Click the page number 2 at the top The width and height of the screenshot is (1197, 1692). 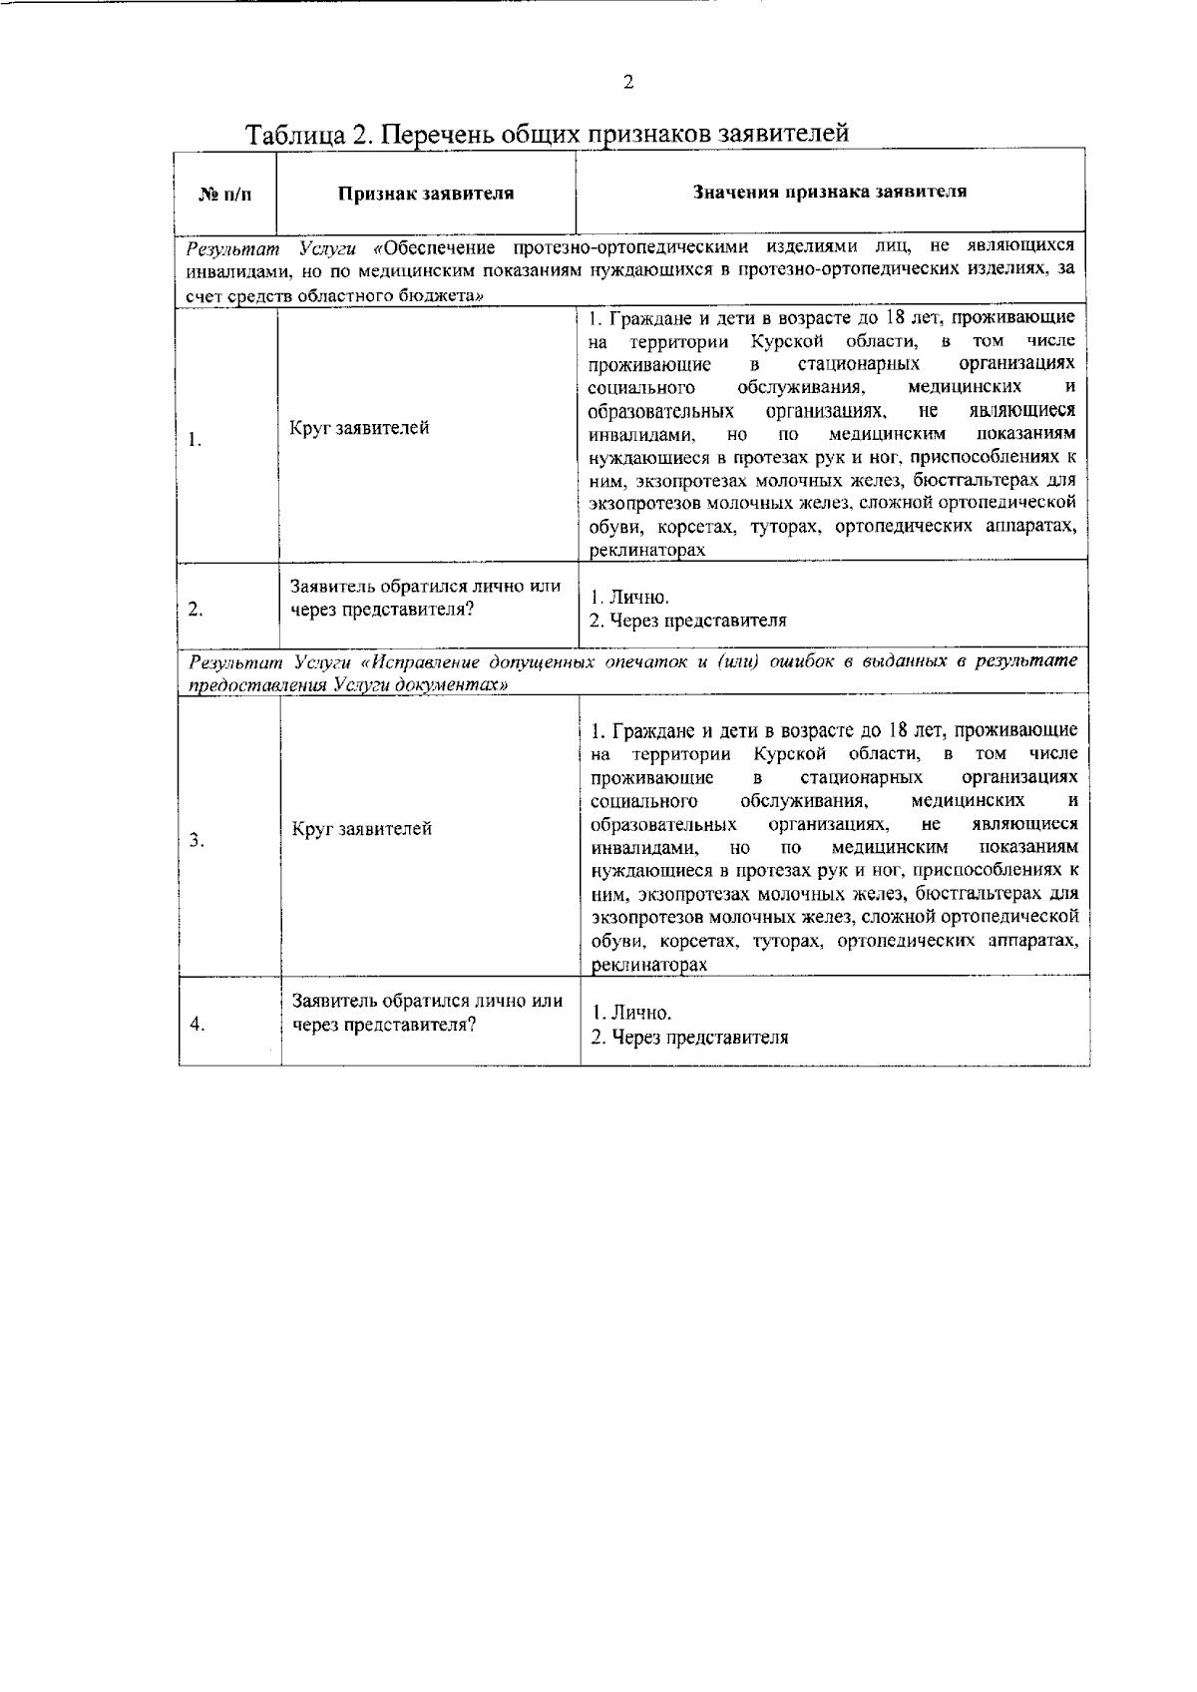[x=627, y=84]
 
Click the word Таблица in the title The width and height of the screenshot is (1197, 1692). [x=294, y=134]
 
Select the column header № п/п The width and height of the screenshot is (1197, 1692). [x=225, y=194]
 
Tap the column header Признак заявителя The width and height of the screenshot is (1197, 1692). [x=425, y=194]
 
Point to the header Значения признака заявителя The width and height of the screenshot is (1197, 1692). [x=829, y=192]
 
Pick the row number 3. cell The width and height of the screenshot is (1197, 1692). [x=198, y=840]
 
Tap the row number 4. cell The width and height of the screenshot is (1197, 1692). [x=198, y=1025]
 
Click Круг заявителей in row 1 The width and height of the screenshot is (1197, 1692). [x=360, y=429]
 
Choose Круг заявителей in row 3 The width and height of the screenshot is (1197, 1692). [x=362, y=829]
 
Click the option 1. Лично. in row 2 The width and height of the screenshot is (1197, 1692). [x=628, y=599]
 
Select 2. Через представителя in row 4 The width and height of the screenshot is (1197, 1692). [x=689, y=1037]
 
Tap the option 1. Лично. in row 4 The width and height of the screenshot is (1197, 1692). [x=630, y=1014]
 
